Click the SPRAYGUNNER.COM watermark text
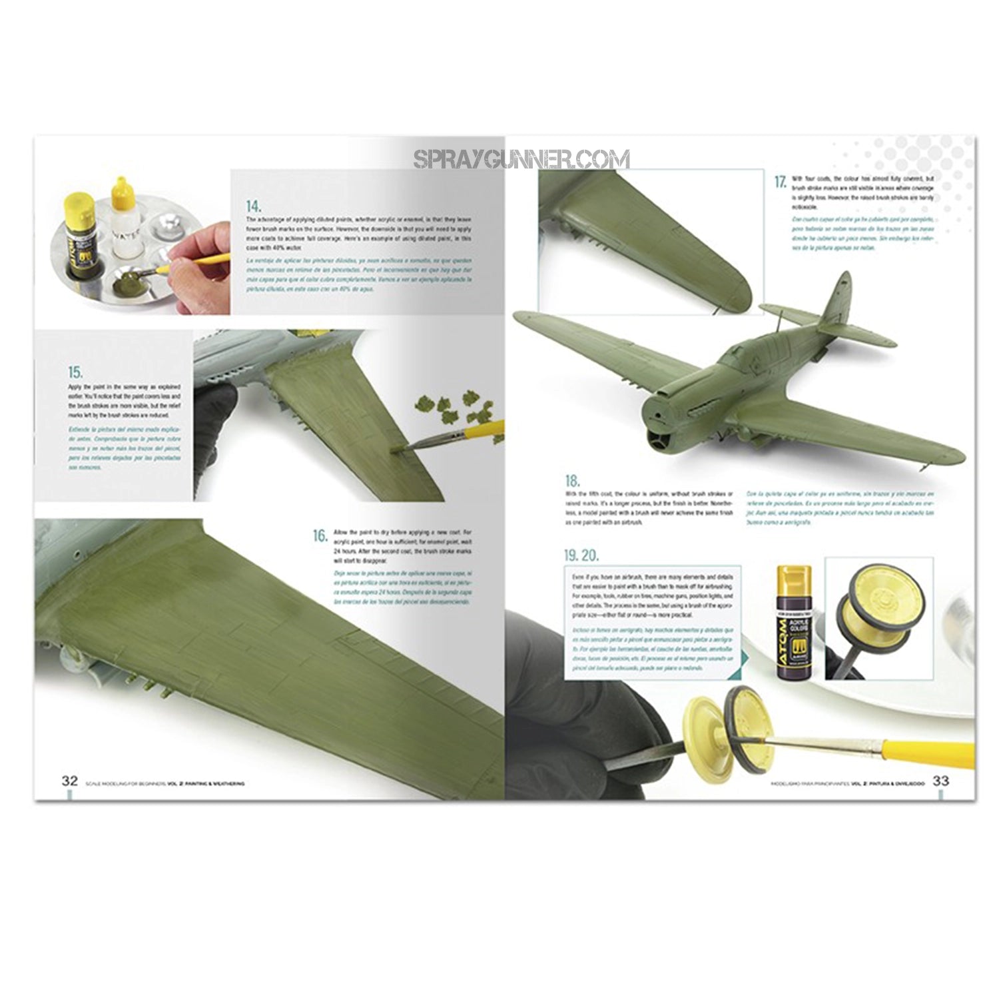521,160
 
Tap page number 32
70,781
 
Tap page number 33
940,781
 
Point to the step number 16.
320,535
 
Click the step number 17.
780,182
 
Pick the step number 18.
572,481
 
